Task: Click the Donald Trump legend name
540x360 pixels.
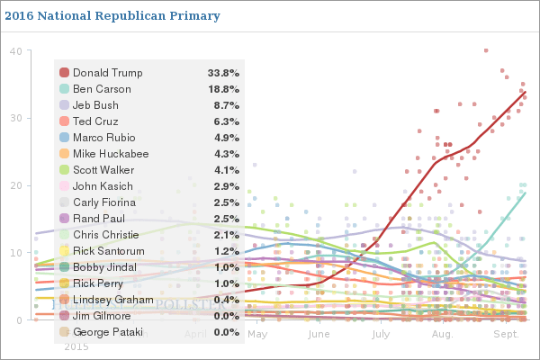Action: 107,73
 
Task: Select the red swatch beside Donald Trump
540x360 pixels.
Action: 64,73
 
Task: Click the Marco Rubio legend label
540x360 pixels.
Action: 103,138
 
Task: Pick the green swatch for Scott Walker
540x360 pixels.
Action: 64,170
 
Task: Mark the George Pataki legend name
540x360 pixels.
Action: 109,332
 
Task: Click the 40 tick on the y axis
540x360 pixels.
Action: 16,50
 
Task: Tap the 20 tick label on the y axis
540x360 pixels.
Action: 16,185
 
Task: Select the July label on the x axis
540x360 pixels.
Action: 379,334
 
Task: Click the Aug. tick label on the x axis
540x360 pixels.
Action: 442,334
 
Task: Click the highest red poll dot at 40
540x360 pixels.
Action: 486,50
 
